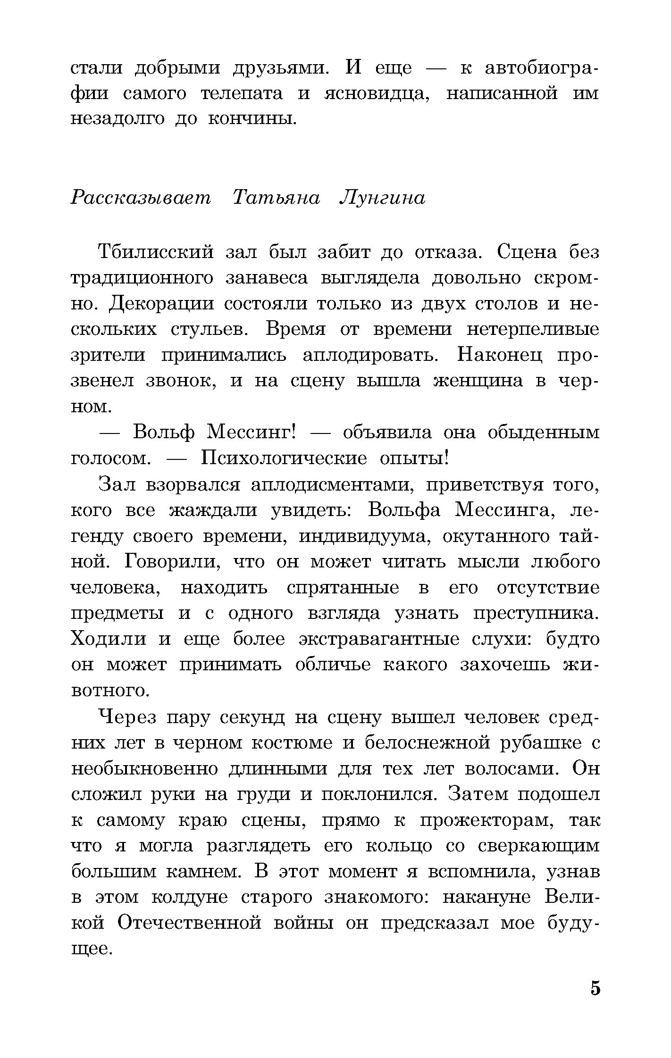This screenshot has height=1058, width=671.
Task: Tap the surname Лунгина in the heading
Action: pos(382,198)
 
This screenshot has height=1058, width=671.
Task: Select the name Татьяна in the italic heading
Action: pos(277,198)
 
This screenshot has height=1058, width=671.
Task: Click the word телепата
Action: pos(242,93)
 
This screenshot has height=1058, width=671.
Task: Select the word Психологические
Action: pos(284,458)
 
